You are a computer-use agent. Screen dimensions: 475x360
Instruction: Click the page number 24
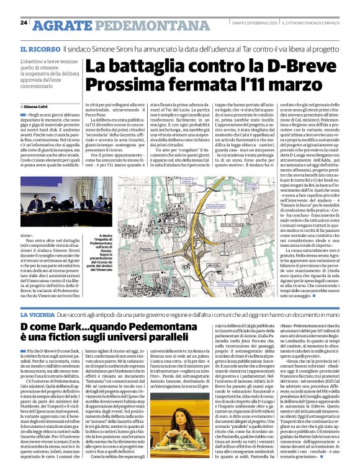24,23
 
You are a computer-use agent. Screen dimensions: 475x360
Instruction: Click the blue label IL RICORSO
39,48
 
